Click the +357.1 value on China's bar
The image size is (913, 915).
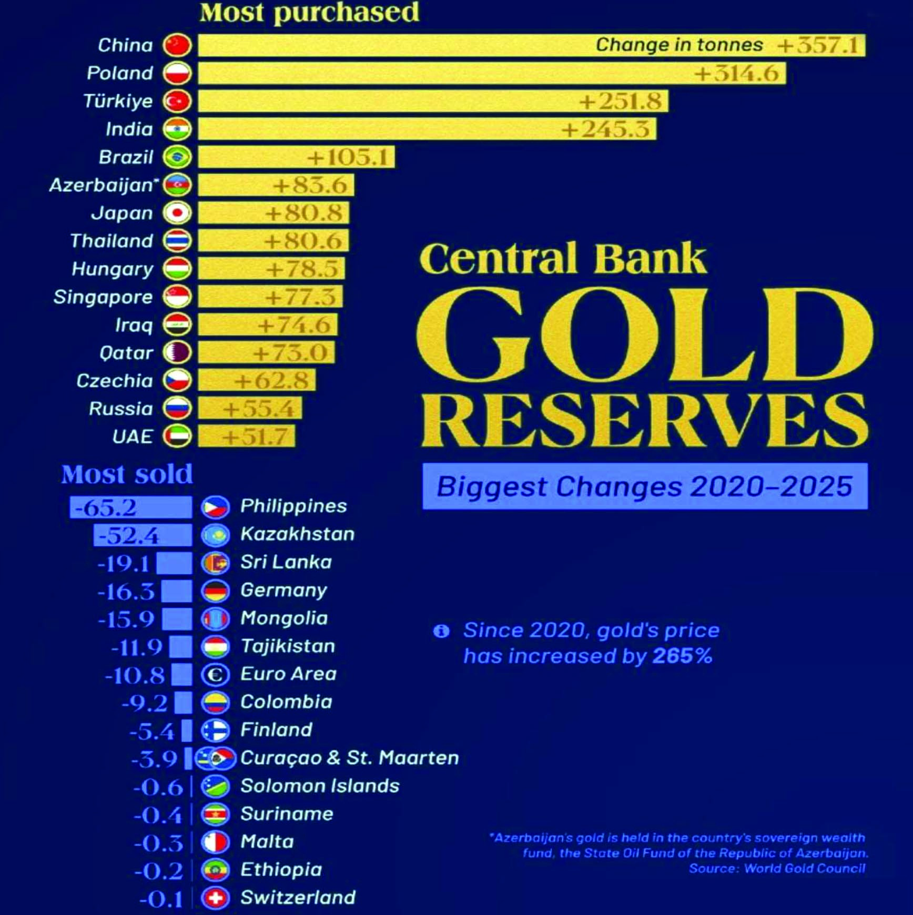[x=819, y=45]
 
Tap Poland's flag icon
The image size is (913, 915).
[x=177, y=73]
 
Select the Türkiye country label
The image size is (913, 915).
[x=118, y=101]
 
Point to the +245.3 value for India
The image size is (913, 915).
[x=605, y=129]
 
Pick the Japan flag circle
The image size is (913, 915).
[x=177, y=213]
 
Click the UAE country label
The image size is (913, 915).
[x=133, y=436]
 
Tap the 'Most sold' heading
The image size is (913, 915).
[x=127, y=474]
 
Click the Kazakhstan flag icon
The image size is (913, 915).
[x=215, y=535]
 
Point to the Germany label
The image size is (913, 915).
[x=283, y=590]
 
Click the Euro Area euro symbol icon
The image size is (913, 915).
[x=215, y=674]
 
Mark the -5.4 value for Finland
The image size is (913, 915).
[x=151, y=731]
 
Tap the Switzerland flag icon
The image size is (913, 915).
[x=215, y=898]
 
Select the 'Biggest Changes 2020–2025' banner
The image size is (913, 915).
[x=644, y=486]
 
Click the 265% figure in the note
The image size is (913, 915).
[x=682, y=656]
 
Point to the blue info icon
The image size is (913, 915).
[x=441, y=631]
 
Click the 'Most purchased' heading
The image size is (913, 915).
[x=309, y=13]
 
